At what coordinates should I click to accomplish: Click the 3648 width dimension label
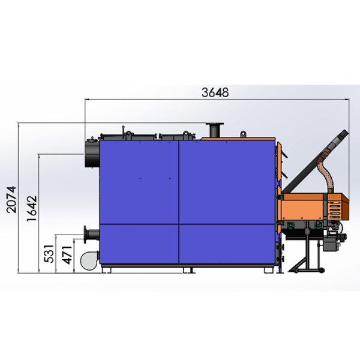coord(215,92)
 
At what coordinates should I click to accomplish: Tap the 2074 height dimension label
coord(11,200)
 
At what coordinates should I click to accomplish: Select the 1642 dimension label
coord(32,208)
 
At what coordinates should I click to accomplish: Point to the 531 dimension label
coord(49,254)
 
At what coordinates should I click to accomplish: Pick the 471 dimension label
coord(67,255)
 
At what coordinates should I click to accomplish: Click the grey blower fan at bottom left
coord(89,261)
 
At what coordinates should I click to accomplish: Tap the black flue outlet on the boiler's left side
coord(92,153)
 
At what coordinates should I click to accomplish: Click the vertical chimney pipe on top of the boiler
coord(215,130)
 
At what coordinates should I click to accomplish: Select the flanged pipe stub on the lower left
coord(91,235)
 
